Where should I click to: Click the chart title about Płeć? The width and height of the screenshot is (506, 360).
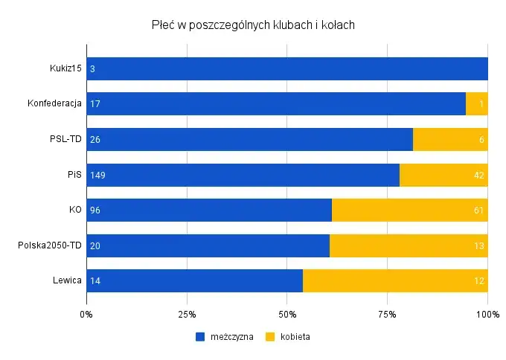[252, 25]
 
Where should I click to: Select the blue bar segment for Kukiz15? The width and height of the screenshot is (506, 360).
[286, 68]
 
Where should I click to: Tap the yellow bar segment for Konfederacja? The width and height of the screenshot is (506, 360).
[476, 104]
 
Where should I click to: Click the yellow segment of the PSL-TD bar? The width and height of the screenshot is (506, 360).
[449, 140]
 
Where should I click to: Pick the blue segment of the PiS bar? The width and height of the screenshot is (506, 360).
[243, 176]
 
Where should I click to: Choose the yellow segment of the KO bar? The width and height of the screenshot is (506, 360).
[409, 210]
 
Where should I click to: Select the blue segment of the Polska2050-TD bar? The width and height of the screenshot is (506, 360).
[208, 246]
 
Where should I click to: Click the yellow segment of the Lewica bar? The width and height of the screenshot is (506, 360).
[395, 281]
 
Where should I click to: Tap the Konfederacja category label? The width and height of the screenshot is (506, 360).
[54, 104]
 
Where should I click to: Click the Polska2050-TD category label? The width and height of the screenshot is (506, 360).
[50, 246]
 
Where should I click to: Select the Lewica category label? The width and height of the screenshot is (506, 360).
[67, 281]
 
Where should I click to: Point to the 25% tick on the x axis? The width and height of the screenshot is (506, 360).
[187, 313]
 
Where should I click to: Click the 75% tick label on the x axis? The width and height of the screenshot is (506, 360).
[387, 313]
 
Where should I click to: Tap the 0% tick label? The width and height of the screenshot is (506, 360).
[86, 313]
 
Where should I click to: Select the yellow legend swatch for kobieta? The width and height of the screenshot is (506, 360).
[271, 336]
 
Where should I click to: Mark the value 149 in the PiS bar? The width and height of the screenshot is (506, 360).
[97, 176]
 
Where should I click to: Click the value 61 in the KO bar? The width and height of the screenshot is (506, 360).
[479, 210]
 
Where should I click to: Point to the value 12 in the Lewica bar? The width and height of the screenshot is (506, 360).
[479, 281]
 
